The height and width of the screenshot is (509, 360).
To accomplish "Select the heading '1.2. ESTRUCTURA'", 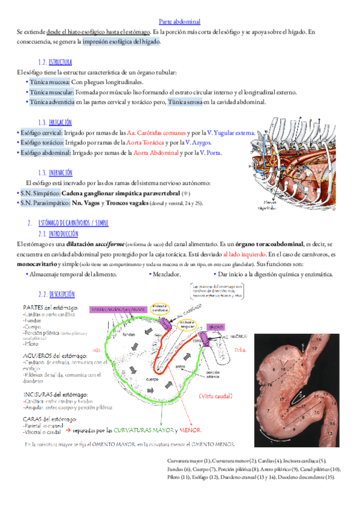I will [x=55, y=62].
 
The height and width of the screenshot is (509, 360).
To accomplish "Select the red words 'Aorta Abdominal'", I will [x=156, y=153].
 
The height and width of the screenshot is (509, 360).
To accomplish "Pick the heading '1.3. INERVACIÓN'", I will [x=55, y=172].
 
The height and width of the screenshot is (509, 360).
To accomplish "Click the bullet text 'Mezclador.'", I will [x=167, y=274].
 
